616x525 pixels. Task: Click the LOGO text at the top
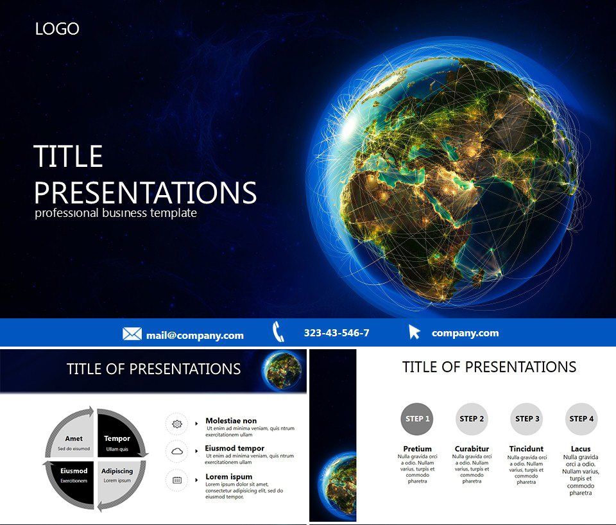(x=57, y=29)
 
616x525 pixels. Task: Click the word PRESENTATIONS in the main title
(x=145, y=193)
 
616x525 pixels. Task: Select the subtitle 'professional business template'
(x=116, y=213)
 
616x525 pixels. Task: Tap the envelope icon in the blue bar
(x=132, y=334)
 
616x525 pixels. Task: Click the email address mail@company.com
(x=194, y=335)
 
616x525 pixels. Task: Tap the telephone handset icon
(x=278, y=332)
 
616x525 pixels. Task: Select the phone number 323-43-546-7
(x=336, y=333)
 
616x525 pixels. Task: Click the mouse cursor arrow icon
(x=415, y=332)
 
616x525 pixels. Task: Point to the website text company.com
(x=465, y=333)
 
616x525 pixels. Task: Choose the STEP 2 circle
(x=472, y=419)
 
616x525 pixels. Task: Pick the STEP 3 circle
(x=527, y=419)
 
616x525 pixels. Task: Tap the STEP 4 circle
(x=581, y=419)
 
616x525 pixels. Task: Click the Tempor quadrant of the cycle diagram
(x=117, y=439)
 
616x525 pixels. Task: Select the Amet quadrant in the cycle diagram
(x=74, y=439)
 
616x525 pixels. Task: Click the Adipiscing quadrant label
(x=117, y=472)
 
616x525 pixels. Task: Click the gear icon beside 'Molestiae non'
(x=177, y=424)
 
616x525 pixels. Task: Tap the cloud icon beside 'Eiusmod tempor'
(x=177, y=452)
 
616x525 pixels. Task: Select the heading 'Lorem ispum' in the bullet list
(x=228, y=477)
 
